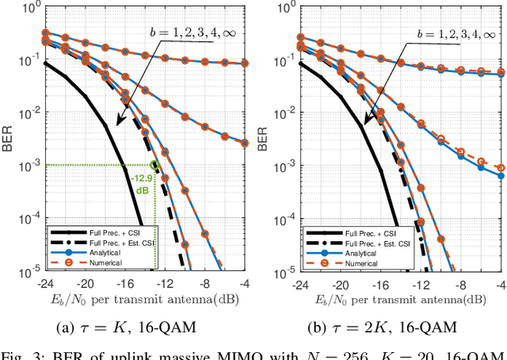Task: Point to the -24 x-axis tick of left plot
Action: [44, 283]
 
